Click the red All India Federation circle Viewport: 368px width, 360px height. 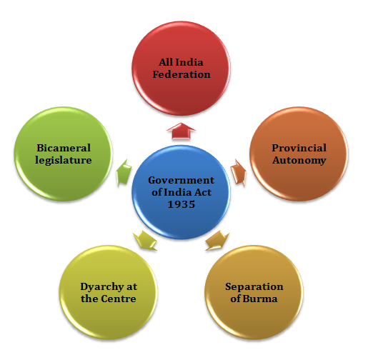(181, 69)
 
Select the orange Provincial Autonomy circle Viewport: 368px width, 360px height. (299, 154)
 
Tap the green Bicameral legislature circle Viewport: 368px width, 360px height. (64, 154)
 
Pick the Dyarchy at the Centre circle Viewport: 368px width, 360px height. (109, 292)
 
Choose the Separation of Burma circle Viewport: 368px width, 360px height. (254, 292)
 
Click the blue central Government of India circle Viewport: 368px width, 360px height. (181, 192)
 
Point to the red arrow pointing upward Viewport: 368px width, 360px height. (181, 131)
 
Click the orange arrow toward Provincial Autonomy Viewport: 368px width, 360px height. (239, 172)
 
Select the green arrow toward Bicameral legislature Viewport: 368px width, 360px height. (124, 172)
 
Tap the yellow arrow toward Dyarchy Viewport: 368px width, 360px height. (145, 240)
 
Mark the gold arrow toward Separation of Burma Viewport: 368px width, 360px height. (217, 240)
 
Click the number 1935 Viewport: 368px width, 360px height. (181, 204)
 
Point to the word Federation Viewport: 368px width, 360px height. (181, 74)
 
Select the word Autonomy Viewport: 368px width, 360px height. (299, 160)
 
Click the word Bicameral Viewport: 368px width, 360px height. (64, 148)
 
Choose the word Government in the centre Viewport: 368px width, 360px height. (181, 180)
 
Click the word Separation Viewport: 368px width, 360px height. (254, 287)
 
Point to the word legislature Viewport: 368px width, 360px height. (64, 160)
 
